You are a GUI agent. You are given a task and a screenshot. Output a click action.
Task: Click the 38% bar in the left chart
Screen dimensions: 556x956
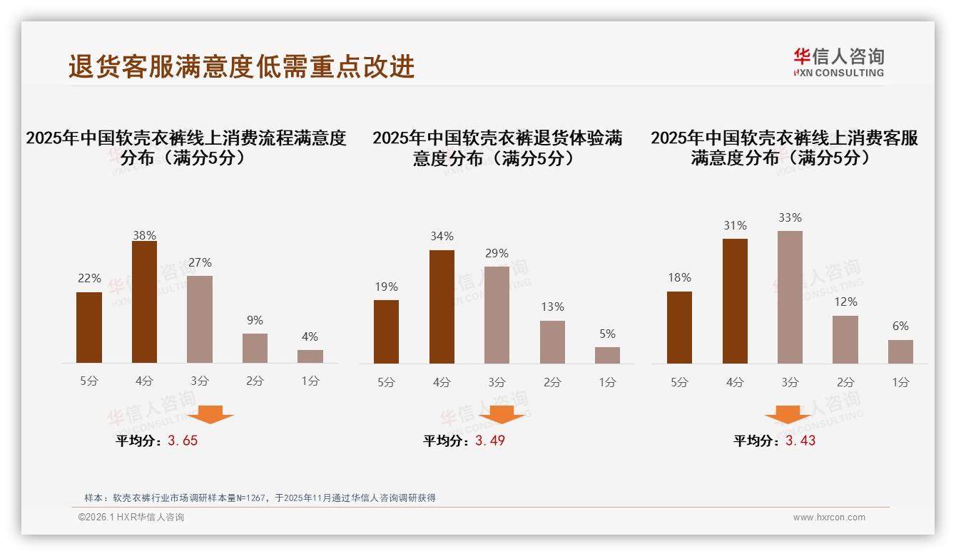coord(144,302)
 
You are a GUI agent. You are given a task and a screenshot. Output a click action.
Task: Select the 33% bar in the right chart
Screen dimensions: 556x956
coord(790,297)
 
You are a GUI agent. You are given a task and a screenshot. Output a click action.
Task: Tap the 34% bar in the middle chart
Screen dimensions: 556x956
coord(442,307)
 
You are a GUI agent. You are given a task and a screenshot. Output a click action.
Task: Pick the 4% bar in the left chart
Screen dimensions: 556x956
coord(310,356)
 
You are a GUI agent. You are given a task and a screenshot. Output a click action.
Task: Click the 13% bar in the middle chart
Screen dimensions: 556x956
coord(552,342)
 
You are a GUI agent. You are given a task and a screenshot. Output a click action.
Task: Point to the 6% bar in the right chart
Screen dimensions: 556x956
coord(900,351)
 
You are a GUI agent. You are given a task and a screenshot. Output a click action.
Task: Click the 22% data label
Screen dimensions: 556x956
coord(89,278)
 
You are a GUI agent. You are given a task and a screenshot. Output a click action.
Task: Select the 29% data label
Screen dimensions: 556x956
coord(497,253)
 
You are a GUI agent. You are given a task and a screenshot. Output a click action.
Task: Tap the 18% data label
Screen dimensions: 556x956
coord(679,277)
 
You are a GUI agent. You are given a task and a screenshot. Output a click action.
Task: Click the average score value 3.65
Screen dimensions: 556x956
coord(183,441)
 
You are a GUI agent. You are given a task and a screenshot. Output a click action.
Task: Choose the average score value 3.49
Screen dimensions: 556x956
coord(489,441)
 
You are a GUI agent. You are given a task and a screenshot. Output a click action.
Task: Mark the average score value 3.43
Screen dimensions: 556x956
coord(800,441)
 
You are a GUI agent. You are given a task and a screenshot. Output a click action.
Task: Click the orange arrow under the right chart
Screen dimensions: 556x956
coord(788,414)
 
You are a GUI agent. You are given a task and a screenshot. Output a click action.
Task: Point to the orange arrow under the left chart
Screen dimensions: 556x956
coord(210,414)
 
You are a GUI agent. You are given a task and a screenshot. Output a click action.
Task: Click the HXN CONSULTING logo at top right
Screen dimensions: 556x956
coord(838,63)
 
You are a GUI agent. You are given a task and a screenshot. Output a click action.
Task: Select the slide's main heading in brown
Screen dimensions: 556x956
coord(241,66)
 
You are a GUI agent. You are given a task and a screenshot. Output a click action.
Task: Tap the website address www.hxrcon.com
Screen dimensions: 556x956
coord(829,518)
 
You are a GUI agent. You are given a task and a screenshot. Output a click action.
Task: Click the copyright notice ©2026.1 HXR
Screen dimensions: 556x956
coord(131,518)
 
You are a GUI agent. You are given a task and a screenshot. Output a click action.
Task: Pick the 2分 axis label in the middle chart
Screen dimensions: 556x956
coord(552,382)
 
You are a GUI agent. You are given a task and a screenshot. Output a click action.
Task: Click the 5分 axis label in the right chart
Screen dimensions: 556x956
coord(679,382)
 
